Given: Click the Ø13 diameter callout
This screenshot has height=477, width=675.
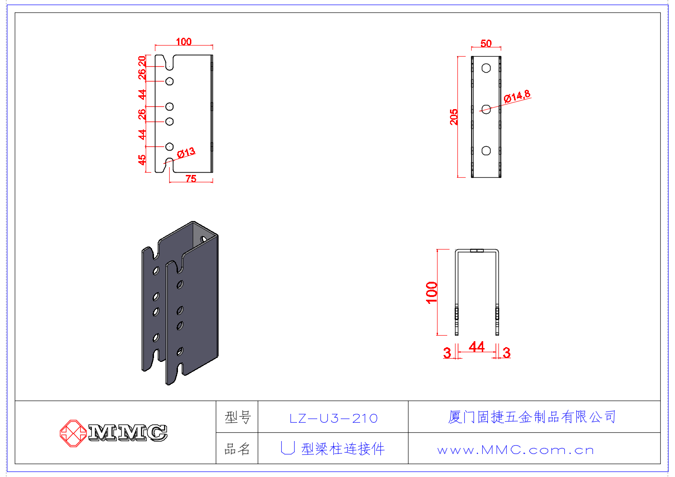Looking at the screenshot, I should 186,152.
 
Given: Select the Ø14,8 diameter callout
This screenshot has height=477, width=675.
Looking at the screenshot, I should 517,96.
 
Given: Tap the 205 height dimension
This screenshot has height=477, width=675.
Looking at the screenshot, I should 454,116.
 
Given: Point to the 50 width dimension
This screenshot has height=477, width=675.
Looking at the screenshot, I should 486,43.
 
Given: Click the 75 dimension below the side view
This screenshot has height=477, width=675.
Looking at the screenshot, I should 191,179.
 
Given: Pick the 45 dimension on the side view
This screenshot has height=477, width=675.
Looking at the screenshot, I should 142,159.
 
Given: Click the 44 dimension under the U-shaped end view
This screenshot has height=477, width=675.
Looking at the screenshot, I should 476,347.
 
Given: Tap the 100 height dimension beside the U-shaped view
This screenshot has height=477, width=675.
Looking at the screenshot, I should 432,292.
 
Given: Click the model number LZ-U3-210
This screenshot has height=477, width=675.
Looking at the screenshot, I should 333,418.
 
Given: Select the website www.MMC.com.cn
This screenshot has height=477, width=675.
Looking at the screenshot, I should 515,450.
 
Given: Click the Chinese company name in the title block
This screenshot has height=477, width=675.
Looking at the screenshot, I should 532,417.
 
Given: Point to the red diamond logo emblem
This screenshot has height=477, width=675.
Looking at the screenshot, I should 72,433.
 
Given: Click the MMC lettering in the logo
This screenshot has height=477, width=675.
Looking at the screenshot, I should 128,433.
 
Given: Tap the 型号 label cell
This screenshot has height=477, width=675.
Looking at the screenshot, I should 237,418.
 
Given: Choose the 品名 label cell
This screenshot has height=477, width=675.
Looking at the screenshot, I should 237,449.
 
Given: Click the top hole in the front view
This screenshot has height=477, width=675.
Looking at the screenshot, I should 486,68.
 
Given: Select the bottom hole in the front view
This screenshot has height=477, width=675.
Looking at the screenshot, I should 486,151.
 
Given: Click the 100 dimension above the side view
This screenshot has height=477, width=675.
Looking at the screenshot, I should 184,42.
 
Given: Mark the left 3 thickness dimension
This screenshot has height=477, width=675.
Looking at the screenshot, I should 447,353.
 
